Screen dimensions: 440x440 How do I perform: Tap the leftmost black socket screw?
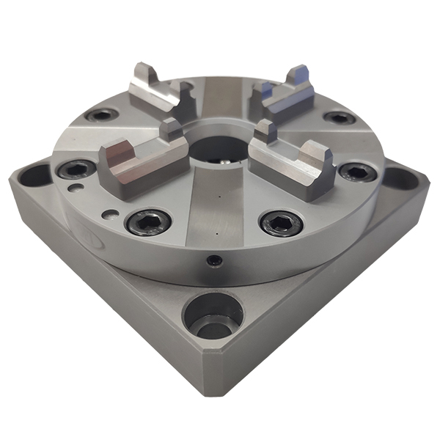click(x=76, y=170)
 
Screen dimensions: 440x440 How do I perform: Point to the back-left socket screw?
click(x=100, y=115)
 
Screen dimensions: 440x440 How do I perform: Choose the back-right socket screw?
click(x=338, y=117)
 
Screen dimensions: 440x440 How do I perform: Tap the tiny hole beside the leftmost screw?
click(x=73, y=187)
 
